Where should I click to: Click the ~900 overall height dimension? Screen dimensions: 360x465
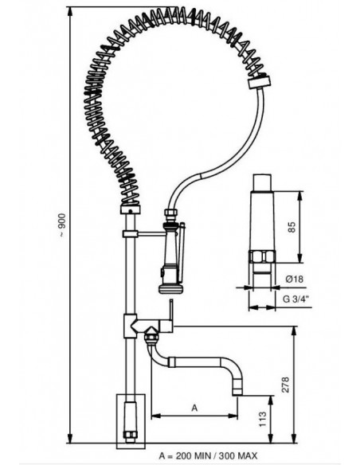click(61, 225)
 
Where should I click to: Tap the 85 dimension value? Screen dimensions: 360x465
click(292, 227)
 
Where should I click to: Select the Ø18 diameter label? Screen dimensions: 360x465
click(294, 279)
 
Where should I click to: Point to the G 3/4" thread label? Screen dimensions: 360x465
click(295, 299)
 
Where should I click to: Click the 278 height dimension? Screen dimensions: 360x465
click(285, 385)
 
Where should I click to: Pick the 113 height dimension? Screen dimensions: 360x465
click(263, 419)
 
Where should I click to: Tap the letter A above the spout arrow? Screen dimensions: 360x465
click(194, 408)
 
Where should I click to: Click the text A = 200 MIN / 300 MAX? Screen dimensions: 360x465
click(208, 455)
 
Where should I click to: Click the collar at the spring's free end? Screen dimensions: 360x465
click(259, 81)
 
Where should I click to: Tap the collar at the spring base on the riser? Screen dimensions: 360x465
click(130, 210)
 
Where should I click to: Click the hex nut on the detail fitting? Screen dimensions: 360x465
click(262, 256)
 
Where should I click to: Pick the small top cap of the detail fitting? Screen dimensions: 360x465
click(262, 182)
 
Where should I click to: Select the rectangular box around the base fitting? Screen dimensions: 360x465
click(131, 421)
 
